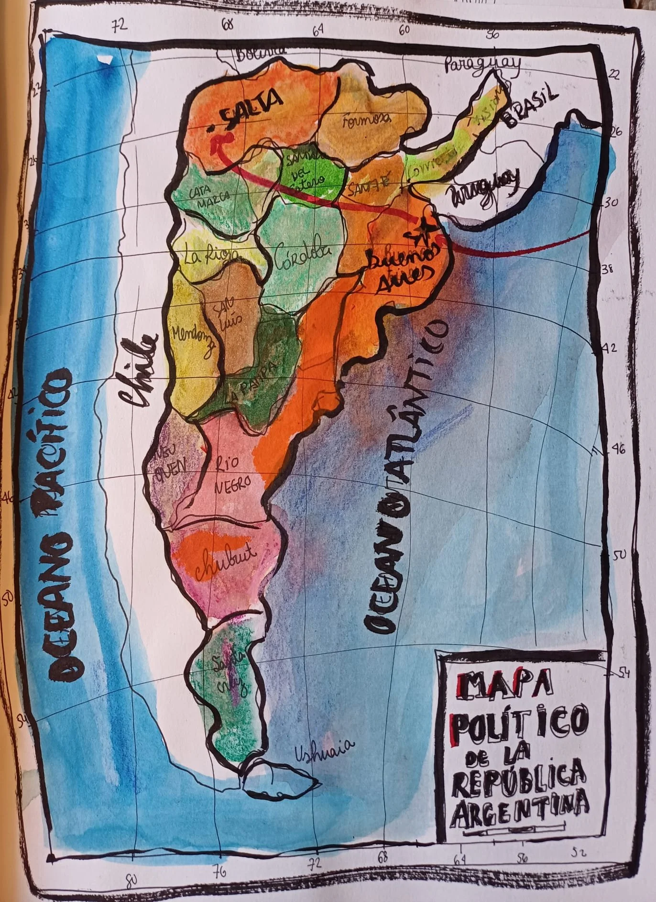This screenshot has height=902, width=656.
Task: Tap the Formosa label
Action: [367, 120]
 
